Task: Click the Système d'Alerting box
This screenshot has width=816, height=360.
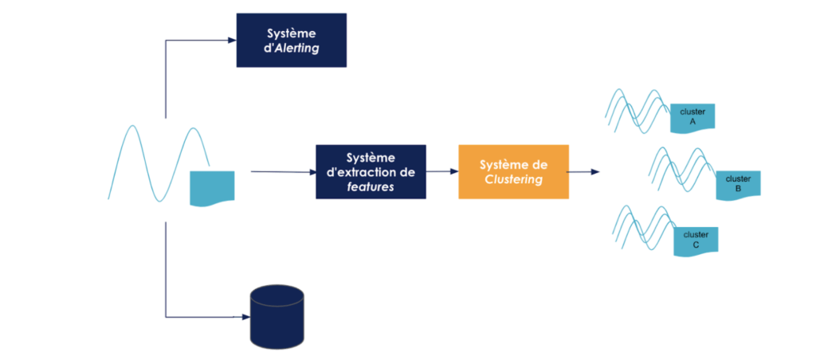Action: tap(291, 40)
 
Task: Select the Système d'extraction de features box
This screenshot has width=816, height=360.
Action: tap(371, 171)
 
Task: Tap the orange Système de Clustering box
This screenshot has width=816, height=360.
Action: tap(513, 171)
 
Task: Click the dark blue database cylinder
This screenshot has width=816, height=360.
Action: tap(277, 316)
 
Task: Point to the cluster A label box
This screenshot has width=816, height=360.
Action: tap(692, 118)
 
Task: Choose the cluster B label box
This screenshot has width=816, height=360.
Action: tap(738, 185)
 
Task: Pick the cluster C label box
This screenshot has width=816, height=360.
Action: tap(696, 241)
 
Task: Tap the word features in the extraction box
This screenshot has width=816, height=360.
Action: tap(371, 186)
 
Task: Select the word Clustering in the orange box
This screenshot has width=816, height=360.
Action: tap(513, 179)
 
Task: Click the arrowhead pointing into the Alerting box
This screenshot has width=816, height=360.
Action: tap(232, 41)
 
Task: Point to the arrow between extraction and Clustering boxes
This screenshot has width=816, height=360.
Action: tap(441, 170)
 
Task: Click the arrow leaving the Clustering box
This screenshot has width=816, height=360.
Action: tap(584, 171)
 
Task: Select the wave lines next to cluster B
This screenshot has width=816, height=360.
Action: tap(680, 169)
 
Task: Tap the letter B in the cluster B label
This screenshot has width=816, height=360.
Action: tap(738, 190)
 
